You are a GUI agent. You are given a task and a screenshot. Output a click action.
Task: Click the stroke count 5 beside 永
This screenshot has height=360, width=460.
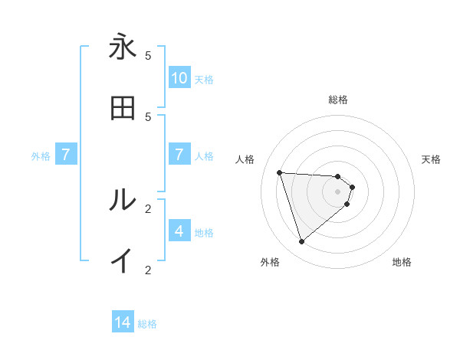pos(148,55)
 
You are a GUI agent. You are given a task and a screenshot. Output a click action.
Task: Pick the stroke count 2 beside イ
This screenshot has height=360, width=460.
pos(148,270)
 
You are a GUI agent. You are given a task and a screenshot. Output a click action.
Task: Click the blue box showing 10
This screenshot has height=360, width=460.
pos(179,78)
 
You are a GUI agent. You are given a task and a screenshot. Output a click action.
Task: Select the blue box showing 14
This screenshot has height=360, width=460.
pos(123,323)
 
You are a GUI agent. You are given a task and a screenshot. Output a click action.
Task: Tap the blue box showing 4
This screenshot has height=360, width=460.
pos(179,231)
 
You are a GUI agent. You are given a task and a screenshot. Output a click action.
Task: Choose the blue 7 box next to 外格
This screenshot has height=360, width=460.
pos(66,155)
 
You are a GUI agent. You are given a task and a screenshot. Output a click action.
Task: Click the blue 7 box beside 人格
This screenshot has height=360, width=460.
pos(179,155)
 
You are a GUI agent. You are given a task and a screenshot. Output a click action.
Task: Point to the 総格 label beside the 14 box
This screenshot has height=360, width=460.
pos(147,324)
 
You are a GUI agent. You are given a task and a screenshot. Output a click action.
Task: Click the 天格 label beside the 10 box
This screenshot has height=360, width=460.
pos(204,79)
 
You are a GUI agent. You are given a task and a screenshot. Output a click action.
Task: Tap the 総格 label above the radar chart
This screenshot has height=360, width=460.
pos(338,100)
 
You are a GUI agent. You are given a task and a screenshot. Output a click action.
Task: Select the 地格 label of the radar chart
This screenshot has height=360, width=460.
pos(402,262)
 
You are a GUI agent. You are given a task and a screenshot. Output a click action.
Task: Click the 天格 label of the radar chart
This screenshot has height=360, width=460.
pos(431,159)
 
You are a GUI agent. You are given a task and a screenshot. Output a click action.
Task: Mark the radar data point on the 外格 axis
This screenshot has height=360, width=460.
pos(301,242)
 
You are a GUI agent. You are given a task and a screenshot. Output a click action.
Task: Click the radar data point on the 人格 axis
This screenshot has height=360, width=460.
pos(280,172)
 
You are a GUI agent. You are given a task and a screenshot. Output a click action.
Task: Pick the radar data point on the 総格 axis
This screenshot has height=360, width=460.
pos(338,176)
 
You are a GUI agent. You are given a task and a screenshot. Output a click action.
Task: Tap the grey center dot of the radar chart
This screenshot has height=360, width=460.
pos(338,201)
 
